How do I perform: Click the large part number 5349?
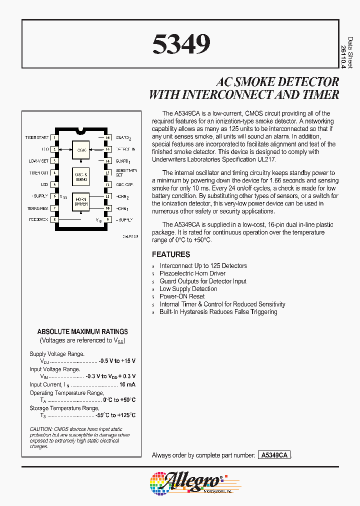click(x=181, y=44)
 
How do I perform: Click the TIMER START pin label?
click(x=37, y=137)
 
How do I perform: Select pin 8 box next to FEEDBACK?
click(x=54, y=219)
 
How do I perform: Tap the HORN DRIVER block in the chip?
click(x=81, y=201)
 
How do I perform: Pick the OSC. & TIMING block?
click(x=81, y=176)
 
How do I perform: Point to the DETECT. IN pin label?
click(x=125, y=149)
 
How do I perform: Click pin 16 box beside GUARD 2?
click(x=107, y=137)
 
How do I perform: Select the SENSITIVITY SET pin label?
click(x=126, y=172)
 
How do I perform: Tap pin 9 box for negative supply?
click(x=107, y=219)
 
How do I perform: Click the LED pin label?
click(x=45, y=184)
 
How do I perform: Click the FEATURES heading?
click(x=171, y=254)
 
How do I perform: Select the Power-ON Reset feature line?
click(x=182, y=296)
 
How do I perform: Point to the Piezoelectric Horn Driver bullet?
click(x=192, y=273)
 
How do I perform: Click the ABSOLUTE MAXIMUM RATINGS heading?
click(x=82, y=331)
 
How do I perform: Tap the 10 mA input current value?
click(x=127, y=384)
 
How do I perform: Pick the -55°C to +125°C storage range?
click(x=116, y=415)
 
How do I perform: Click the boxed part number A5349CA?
click(x=273, y=455)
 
